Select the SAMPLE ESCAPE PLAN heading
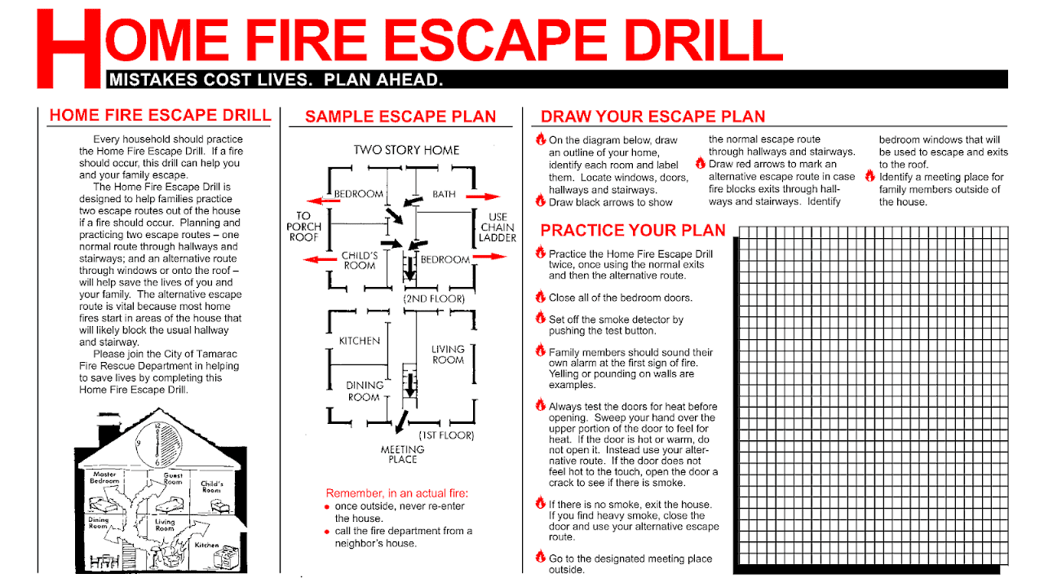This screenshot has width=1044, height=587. (x=400, y=117)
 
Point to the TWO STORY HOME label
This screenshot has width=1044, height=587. (x=406, y=150)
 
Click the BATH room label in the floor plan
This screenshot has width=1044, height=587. (x=444, y=194)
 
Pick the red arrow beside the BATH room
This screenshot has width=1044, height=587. (x=487, y=196)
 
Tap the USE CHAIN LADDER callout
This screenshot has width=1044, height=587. (x=497, y=227)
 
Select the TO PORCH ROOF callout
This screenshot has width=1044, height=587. (x=304, y=227)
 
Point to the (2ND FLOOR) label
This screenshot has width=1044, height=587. (x=434, y=299)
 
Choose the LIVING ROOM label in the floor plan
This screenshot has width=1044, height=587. (x=448, y=354)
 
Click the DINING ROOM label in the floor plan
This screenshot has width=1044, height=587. (x=365, y=391)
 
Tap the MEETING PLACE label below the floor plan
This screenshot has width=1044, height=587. (x=402, y=454)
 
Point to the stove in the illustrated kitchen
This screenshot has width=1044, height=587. (x=226, y=558)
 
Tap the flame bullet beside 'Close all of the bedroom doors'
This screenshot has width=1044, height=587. (x=540, y=297)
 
